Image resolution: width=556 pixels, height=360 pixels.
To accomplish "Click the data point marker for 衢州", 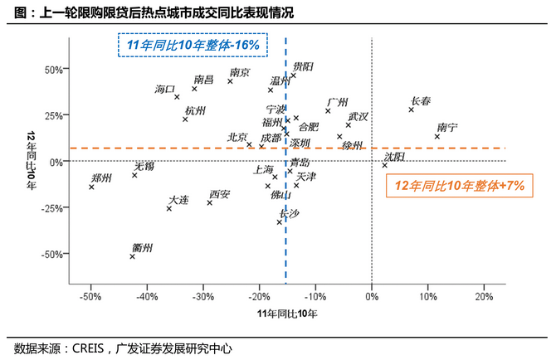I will tap(132, 256).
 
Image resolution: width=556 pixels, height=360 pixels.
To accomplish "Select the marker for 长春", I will tap(411, 109).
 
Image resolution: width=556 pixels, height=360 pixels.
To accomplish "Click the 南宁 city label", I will tap(446, 128).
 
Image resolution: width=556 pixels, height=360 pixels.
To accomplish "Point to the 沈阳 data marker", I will tap(384, 165).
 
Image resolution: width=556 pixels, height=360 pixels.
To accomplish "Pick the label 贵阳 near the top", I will tap(303, 66).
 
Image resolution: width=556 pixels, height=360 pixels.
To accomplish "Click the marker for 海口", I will tap(177, 97).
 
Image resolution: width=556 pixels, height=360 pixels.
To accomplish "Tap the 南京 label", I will tap(240, 72).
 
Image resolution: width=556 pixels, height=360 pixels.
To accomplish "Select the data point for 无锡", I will tap(134, 175).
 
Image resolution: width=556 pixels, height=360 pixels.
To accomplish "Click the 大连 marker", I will tap(169, 208).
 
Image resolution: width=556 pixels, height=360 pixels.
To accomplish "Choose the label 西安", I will tap(220, 195).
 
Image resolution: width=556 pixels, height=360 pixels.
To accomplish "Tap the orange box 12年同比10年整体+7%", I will tap(459, 187).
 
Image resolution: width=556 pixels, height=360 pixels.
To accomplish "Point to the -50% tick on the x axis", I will tap(91, 297).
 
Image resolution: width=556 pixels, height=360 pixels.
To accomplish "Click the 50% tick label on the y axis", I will tap(53, 70).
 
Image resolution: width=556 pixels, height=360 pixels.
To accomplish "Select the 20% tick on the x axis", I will tap(484, 297).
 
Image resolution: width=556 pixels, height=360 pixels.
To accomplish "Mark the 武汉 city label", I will tap(358, 117).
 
